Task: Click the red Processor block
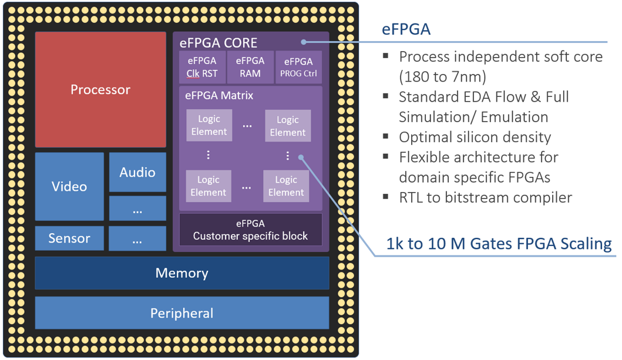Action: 100,90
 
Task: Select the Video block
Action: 69,186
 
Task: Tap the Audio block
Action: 137,172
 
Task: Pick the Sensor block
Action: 69,238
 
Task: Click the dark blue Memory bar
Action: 181,273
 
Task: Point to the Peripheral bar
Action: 181,313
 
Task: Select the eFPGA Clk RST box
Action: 202,67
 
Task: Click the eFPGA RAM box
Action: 250,67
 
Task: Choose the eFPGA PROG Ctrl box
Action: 298,67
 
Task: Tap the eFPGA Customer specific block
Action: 250,230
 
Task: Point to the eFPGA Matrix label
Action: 219,95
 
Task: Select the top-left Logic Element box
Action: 209,125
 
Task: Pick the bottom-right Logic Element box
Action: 286,186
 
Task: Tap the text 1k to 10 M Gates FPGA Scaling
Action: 499,244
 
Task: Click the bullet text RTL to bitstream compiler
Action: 485,197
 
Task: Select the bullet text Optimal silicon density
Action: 475,137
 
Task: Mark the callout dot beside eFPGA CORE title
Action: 304,42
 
